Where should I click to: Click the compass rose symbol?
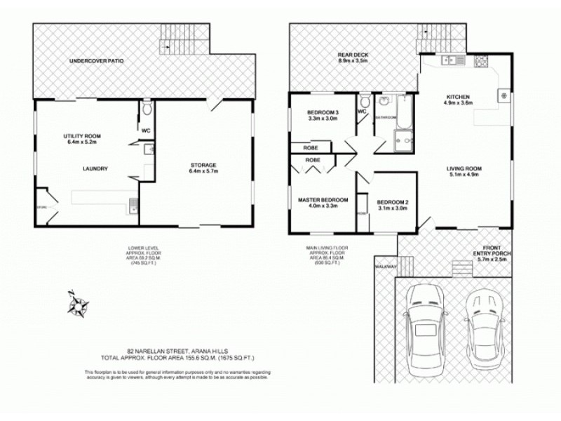coord(78,304)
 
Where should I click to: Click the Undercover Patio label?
coord(96,62)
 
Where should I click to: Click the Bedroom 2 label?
coord(393,204)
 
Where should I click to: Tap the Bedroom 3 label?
coord(323,115)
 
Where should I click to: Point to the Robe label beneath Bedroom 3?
coord(310,148)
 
